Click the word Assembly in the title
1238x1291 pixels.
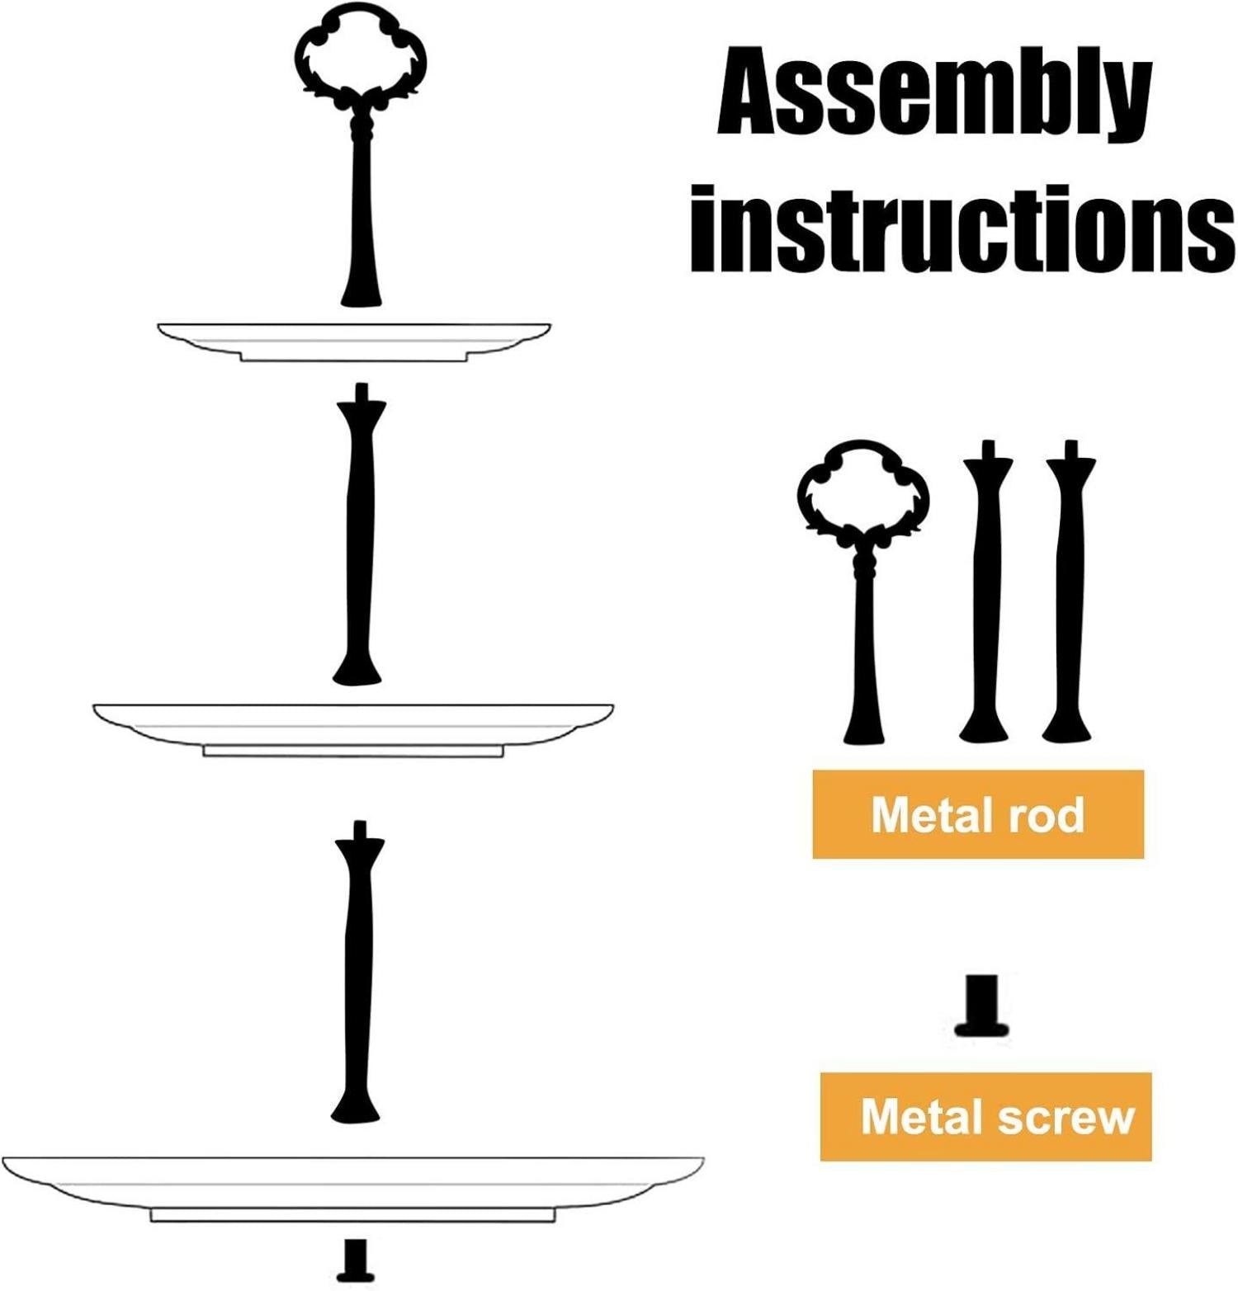pyautogui.click(x=934, y=93)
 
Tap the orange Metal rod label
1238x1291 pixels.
pyautogui.click(x=978, y=814)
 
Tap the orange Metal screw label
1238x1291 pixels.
pyautogui.click(x=985, y=1117)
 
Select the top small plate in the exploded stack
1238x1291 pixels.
pyautogui.click(x=354, y=341)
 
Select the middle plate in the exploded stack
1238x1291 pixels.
pyautogui.click(x=353, y=729)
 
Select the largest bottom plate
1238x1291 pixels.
pyautogui.click(x=352, y=1188)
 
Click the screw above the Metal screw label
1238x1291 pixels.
pyautogui.click(x=982, y=1006)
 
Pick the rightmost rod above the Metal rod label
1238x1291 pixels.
pyautogui.click(x=1069, y=591)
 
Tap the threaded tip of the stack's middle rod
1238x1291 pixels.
pyautogui.click(x=360, y=391)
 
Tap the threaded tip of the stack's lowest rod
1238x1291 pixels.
pyautogui.click(x=359, y=829)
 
